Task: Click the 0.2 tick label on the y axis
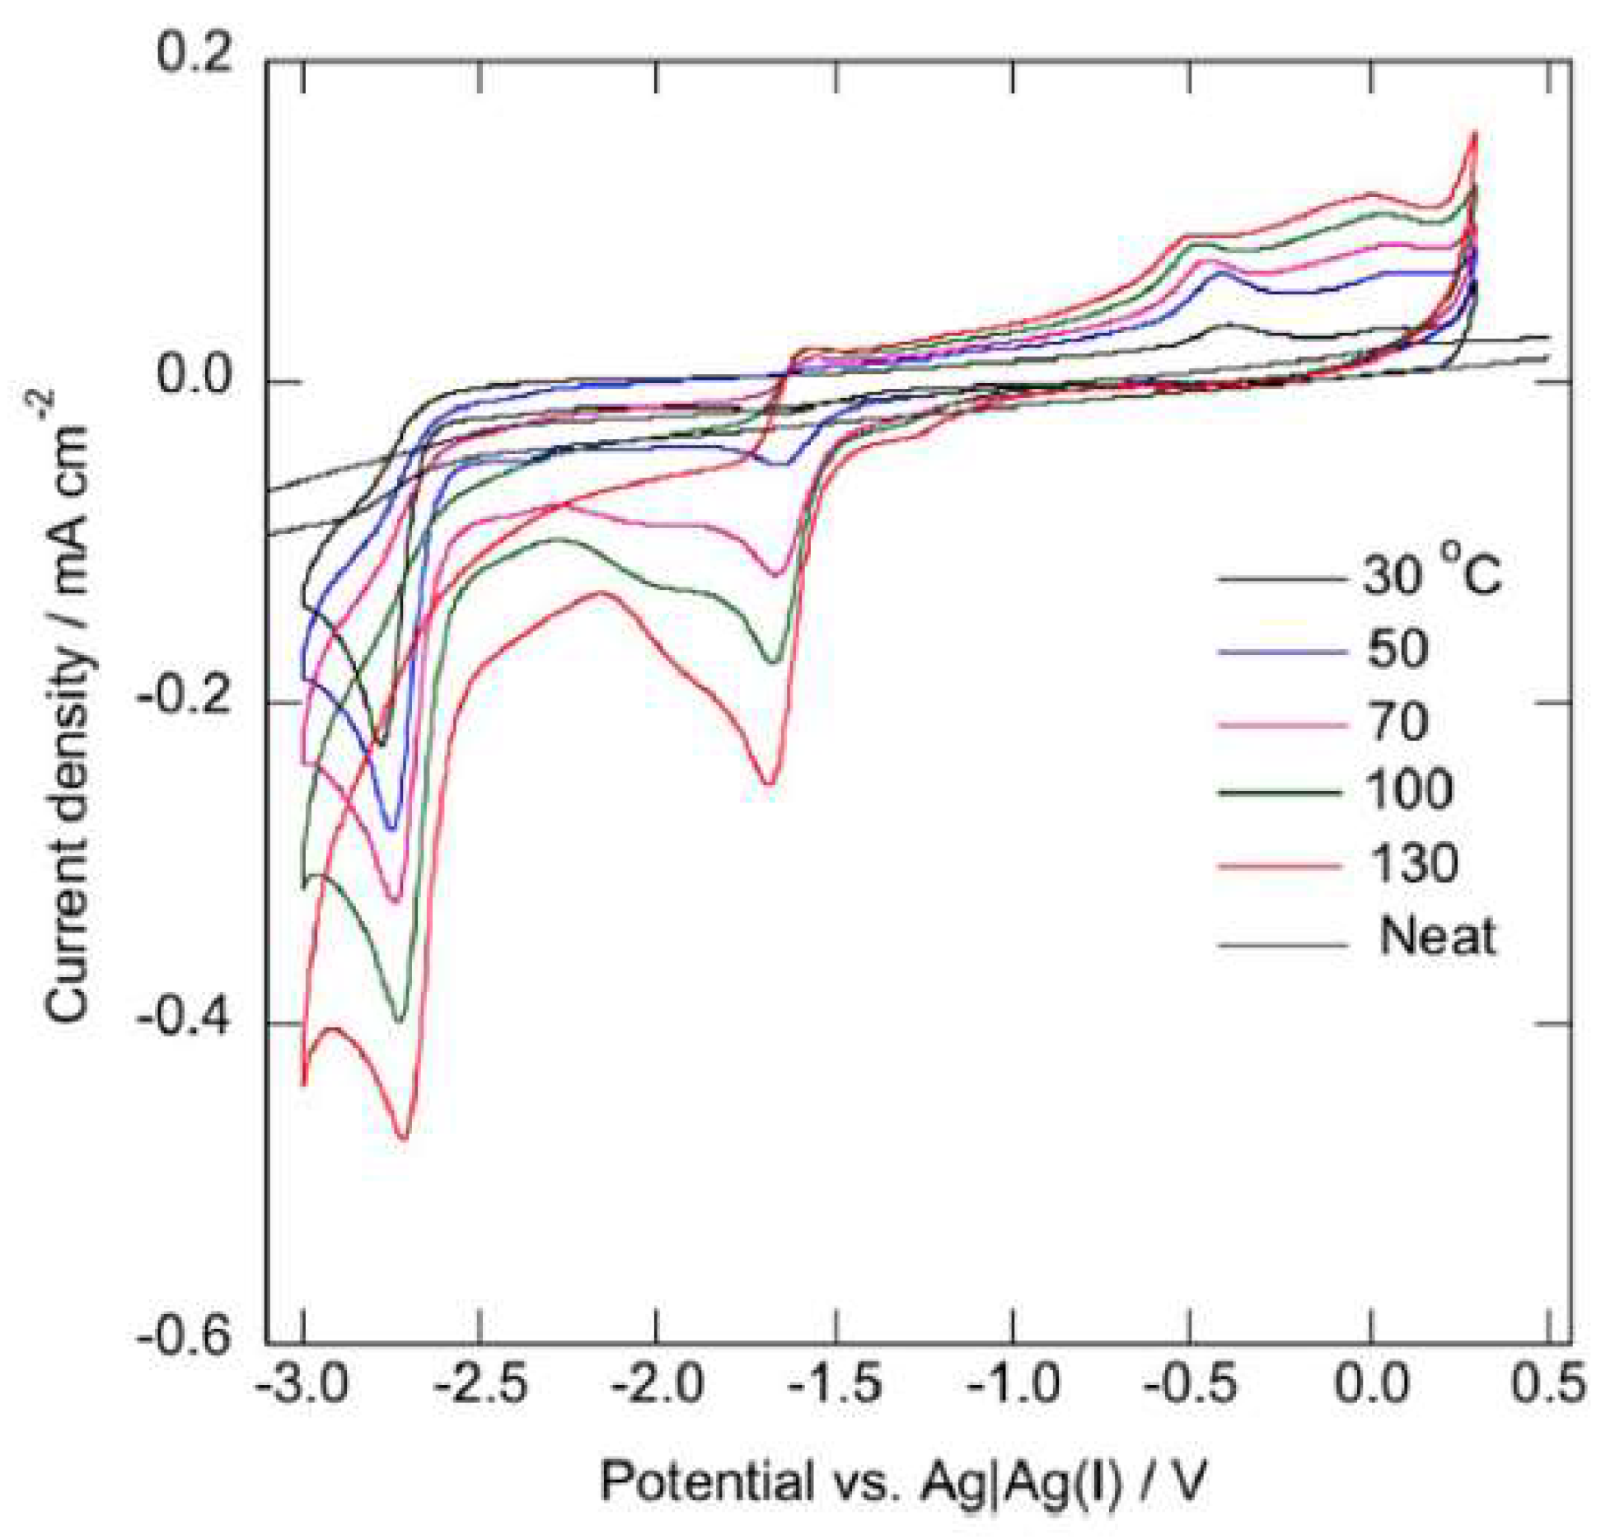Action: [194, 56]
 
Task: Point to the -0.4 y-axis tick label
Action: [185, 1020]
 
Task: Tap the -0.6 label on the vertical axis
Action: [185, 1340]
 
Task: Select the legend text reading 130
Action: [1413, 863]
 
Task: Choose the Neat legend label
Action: [1437, 937]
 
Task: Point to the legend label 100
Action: [1410, 790]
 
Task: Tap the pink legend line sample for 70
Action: [1281, 725]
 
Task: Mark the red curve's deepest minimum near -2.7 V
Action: [403, 1138]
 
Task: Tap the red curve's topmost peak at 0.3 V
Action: [1475, 132]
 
